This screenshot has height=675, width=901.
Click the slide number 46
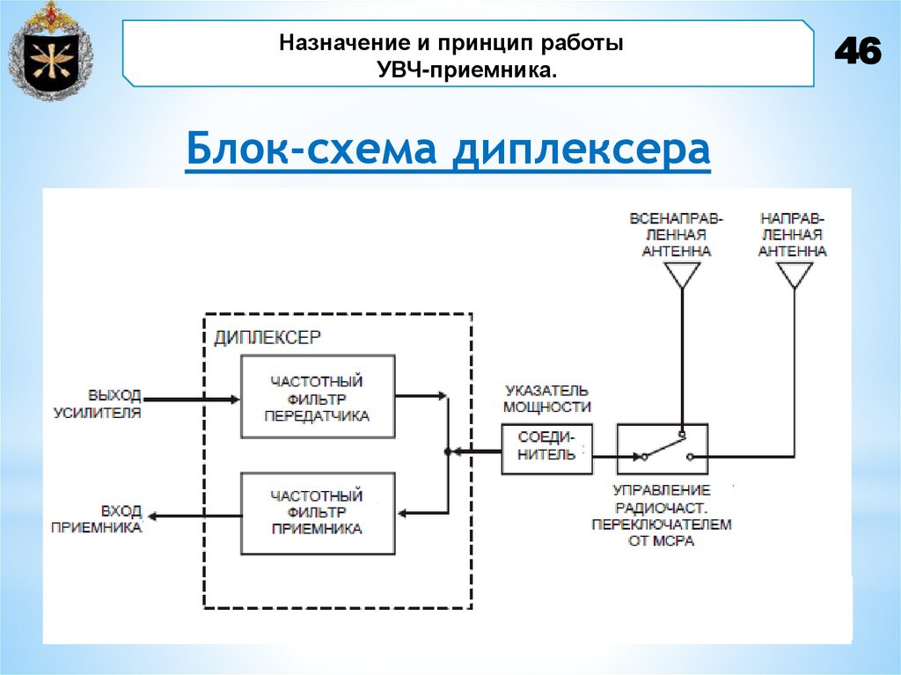857,53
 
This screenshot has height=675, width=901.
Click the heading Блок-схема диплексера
448,150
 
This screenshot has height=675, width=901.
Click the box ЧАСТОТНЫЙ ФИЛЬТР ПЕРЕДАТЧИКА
318,398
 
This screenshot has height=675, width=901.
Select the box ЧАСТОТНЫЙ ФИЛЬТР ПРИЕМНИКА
318,512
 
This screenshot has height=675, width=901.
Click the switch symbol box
663,449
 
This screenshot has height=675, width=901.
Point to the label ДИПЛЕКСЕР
268,336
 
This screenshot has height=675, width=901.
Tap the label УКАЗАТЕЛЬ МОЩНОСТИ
546,398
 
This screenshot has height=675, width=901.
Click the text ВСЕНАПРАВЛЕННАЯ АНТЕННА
676,233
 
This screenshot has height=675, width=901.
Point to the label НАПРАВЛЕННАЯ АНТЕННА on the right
792,233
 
